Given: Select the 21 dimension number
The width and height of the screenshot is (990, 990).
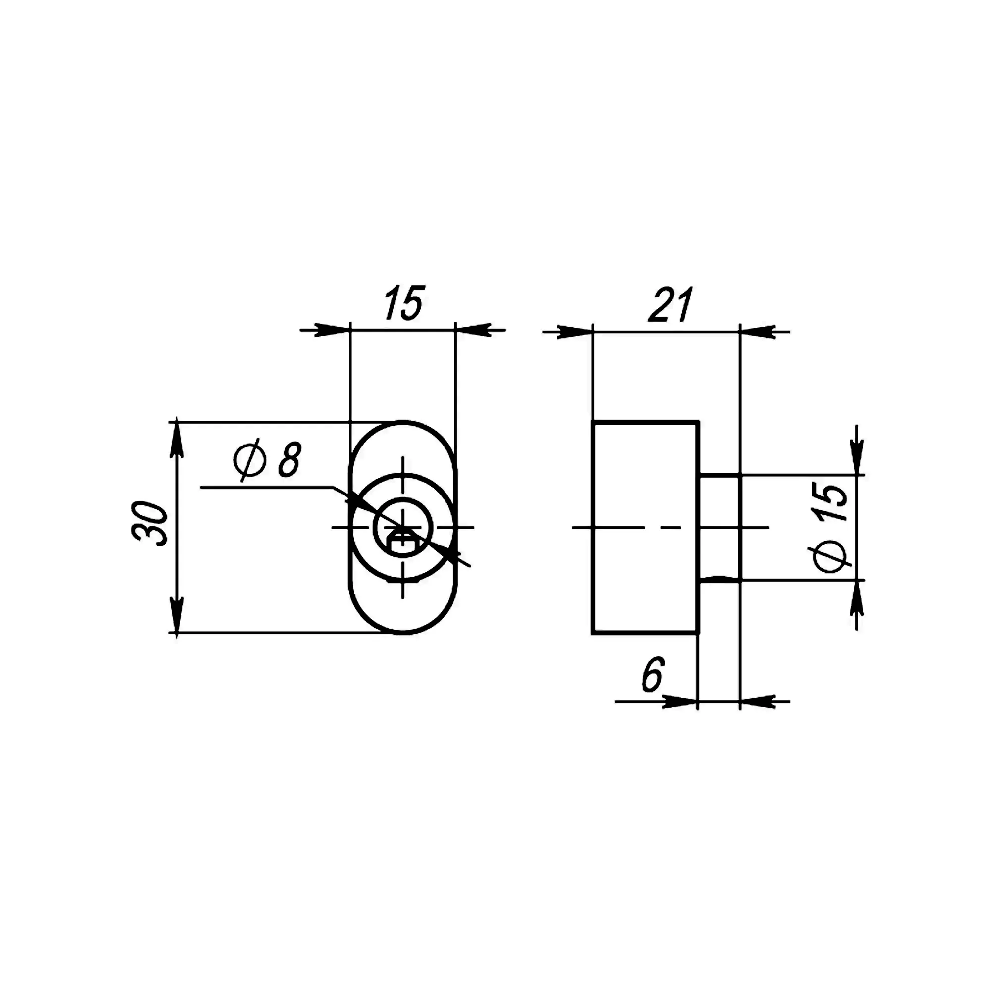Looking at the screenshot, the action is coord(671,305).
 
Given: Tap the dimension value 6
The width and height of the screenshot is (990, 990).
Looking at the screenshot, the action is coord(653,674).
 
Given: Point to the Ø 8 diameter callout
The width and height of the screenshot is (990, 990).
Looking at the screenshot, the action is coord(267,460).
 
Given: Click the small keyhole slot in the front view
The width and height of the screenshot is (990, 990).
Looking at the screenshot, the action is coord(403,542).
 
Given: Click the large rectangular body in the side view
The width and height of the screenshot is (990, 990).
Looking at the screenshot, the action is coord(645,528).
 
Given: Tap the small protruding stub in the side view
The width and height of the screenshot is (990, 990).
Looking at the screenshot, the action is coord(719,528).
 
